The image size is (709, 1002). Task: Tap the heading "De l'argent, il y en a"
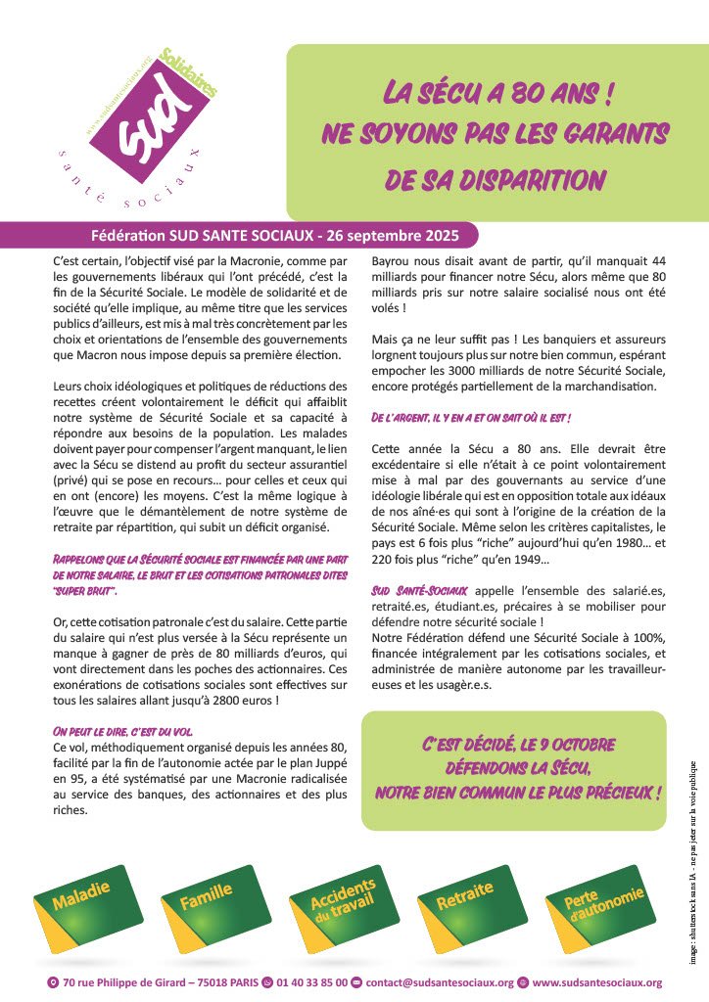click(x=470, y=418)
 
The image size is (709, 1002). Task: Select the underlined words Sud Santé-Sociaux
click(x=419, y=591)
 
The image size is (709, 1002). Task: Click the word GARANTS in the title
click(x=607, y=135)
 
